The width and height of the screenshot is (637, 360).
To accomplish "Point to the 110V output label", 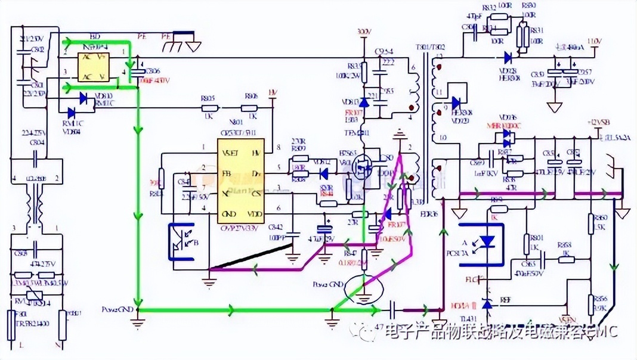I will coord(593,41).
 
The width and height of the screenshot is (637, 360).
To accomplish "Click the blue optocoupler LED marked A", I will coord(487,241).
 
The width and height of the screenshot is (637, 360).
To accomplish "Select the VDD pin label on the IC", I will coord(255,213).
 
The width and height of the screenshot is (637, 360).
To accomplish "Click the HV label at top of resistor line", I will coord(273,92).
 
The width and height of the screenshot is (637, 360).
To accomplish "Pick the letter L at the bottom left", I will coord(21,345).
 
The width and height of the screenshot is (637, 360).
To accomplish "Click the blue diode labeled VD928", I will coord(508,58).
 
